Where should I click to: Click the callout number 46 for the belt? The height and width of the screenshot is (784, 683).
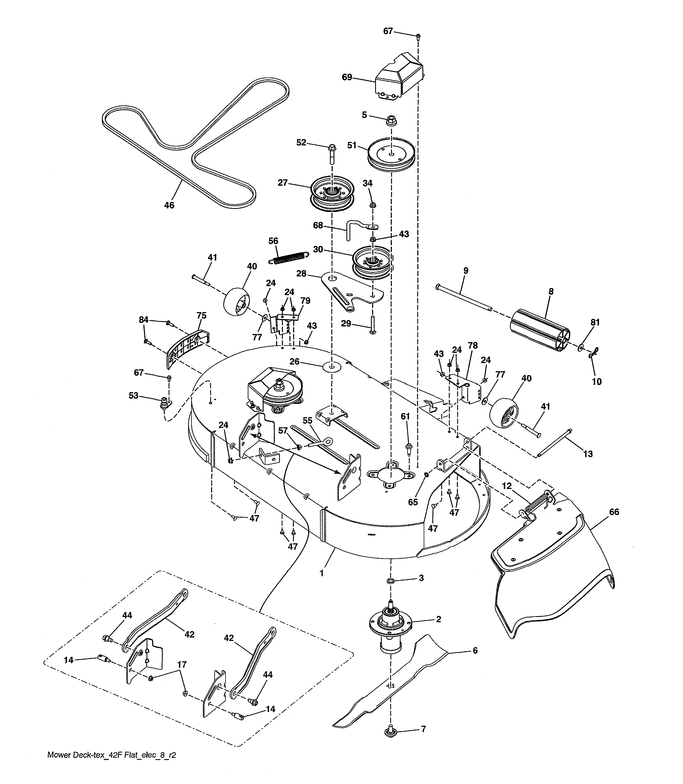pos(169,205)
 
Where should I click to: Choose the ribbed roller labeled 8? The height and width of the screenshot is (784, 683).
pos(539,325)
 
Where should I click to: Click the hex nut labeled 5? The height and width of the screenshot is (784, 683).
pos(391,120)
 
